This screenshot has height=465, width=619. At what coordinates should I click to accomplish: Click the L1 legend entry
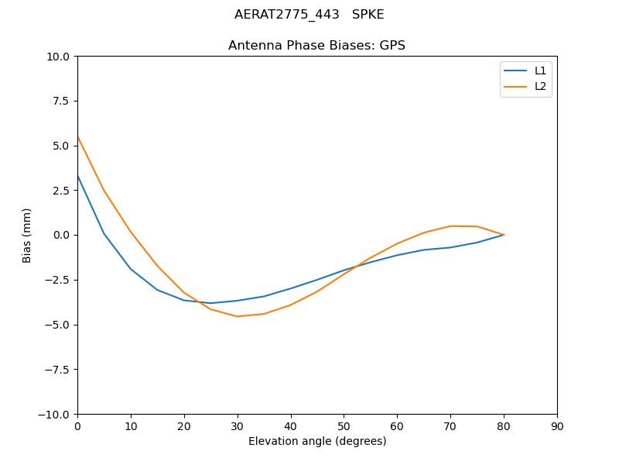540,71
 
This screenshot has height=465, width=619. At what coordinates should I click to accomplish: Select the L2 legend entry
540,86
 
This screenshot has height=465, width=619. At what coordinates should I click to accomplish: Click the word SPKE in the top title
368,15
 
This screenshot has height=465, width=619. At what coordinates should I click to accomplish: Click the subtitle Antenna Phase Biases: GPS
316,46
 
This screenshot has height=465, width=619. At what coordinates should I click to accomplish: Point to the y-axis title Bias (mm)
27,235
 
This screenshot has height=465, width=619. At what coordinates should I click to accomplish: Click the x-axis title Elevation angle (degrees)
317,442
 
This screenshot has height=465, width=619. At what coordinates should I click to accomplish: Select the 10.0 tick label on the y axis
58,57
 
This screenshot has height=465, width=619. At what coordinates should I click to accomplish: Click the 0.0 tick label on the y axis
60,235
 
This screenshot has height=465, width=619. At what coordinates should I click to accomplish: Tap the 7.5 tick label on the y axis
60,101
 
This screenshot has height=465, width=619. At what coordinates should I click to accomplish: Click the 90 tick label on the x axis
557,427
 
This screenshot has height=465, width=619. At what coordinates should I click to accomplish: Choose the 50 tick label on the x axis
344,427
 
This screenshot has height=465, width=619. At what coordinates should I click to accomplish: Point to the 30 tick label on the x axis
238,427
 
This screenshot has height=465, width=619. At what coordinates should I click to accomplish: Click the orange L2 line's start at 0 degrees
77,136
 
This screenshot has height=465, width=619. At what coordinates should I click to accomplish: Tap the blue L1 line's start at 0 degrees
77,176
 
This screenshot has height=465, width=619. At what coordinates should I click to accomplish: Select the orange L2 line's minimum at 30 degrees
238,316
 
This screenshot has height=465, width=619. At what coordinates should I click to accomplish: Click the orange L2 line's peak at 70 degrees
450,226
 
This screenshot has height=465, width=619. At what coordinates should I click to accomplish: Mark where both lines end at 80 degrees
504,235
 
